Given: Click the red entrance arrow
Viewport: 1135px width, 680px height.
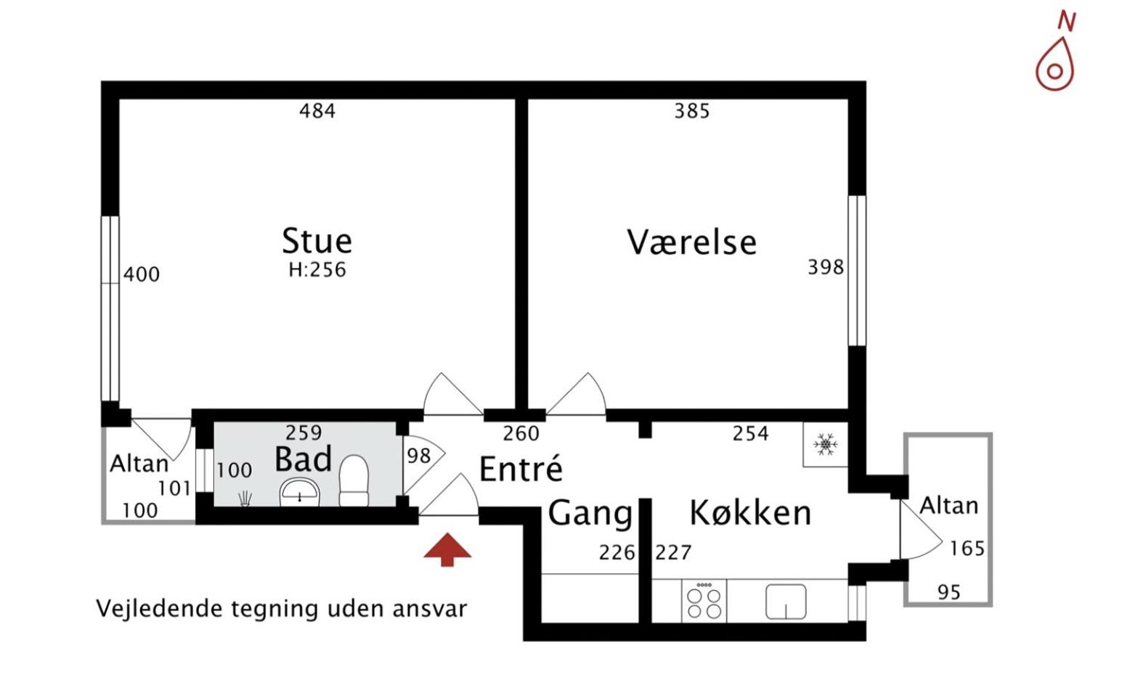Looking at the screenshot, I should [447, 549].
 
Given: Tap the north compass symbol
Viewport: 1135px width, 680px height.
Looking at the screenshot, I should [1055, 60].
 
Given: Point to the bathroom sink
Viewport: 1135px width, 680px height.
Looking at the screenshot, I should [300, 493].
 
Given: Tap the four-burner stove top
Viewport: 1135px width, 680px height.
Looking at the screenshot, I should [704, 602].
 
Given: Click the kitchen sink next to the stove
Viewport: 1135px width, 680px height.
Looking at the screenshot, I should [786, 602].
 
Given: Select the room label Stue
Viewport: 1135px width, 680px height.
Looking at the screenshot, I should [317, 240].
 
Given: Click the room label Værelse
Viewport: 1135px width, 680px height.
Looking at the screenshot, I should [691, 242].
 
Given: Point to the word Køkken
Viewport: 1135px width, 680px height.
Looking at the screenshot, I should [749, 512].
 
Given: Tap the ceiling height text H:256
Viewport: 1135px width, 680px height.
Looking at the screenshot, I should [317, 270].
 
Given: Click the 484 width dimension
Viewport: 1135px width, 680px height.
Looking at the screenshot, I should [317, 111].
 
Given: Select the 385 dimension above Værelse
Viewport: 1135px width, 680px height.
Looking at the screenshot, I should [691, 111].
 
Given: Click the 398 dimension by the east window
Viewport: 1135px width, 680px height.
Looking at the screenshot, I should [826, 267].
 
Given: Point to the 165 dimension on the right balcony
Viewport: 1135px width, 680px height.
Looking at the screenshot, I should [967, 548].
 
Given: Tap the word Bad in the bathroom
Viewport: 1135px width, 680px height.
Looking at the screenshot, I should [303, 460].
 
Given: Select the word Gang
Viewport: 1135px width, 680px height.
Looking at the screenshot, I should [590, 513].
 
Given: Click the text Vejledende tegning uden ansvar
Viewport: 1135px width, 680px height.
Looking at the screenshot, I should [282, 608].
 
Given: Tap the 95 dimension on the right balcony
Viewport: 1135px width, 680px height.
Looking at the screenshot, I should [948, 592].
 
